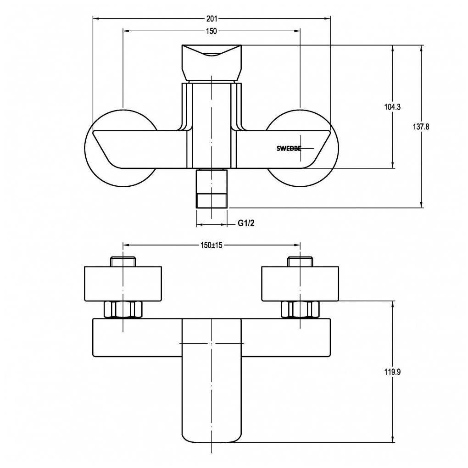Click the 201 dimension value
tap(212, 19)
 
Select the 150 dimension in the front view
tap(212, 31)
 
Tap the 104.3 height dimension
tap(392, 107)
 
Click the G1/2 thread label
tap(246, 223)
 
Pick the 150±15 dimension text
tap(212, 245)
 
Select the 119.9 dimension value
tap(392, 372)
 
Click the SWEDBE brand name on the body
tap(288, 148)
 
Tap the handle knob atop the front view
tap(212, 62)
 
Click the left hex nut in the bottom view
tap(123, 309)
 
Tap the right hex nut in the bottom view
tap(300, 309)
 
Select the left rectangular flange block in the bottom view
tap(123, 284)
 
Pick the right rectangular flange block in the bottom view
tap(300, 284)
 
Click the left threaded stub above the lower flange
tap(123, 262)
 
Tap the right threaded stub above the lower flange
tap(300, 262)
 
